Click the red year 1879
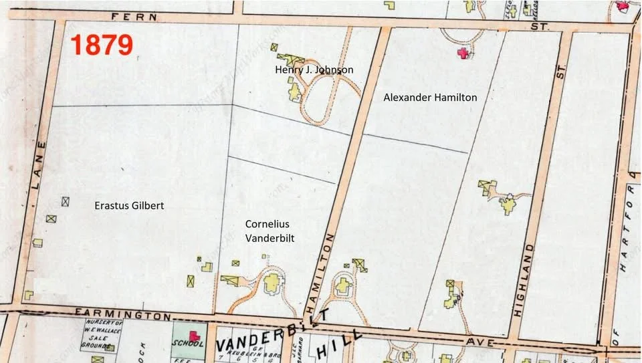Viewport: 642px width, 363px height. (x=102, y=45)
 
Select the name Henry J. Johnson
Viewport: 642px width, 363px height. (x=314, y=70)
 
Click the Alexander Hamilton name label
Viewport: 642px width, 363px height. (x=430, y=98)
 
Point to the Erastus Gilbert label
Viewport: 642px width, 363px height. (x=128, y=206)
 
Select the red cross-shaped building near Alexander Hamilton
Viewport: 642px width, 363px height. (x=461, y=53)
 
